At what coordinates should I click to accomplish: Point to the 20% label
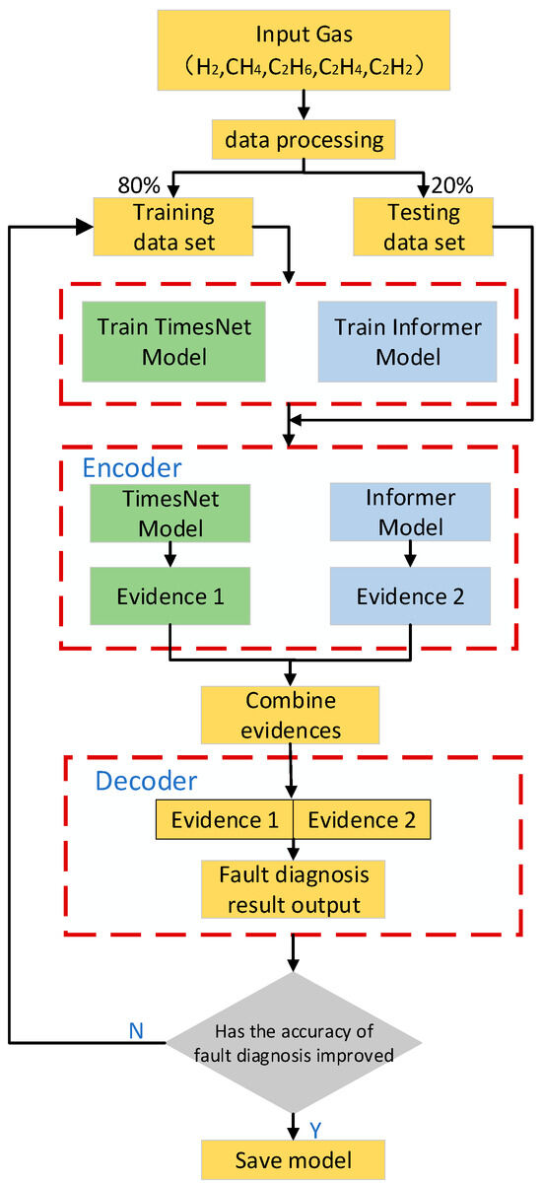[x=452, y=185]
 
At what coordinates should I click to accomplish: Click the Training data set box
[x=171, y=226]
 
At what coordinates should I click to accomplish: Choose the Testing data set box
[x=424, y=226]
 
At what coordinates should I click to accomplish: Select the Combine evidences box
[x=292, y=716]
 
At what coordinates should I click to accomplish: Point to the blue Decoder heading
[x=146, y=781]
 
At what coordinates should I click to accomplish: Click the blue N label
[x=137, y=1029]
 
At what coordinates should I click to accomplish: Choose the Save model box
[x=292, y=1158]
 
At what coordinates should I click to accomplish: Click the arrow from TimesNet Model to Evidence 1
[x=170, y=554]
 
